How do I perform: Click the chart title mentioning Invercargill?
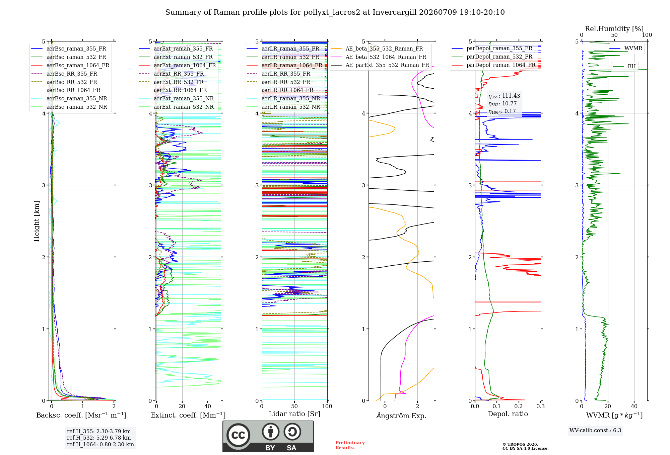(335, 12)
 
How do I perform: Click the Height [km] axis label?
(37, 221)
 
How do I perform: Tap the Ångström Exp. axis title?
(401, 416)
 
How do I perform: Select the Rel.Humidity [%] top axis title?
(614, 29)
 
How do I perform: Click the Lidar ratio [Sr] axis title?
(294, 414)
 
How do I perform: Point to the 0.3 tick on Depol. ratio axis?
(540, 406)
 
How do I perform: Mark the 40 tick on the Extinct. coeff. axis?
(208, 406)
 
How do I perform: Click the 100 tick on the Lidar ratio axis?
(327, 406)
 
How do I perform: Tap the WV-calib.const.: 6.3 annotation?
(595, 431)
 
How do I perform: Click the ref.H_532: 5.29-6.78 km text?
(99, 438)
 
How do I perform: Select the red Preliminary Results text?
(350, 445)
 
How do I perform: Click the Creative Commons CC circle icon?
(238, 435)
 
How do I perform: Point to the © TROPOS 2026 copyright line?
(520, 444)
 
